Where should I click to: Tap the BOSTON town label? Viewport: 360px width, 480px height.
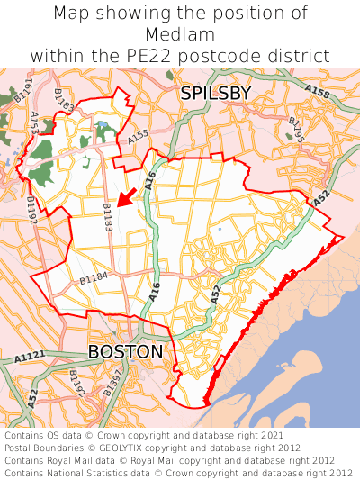pyautogui.click(x=126, y=351)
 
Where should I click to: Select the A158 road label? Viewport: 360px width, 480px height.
pyautogui.click(x=317, y=91)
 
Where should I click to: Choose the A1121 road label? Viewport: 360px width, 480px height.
pyautogui.click(x=30, y=358)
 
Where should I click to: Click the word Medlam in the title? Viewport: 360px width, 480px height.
pyautogui.click(x=180, y=34)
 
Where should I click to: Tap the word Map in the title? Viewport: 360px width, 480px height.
pyautogui.click(x=72, y=14)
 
